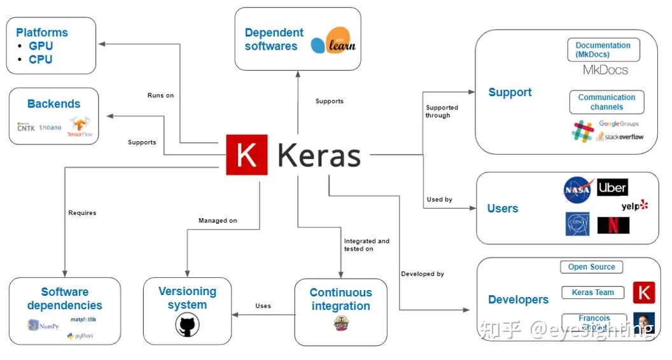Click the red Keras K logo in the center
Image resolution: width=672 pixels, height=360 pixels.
(247, 155)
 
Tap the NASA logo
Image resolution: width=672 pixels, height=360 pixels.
(578, 190)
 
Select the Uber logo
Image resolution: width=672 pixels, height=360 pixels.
(613, 188)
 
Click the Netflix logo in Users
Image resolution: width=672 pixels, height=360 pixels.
(613, 225)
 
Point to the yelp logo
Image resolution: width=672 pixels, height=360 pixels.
(634, 206)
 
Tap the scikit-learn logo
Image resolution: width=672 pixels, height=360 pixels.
(333, 43)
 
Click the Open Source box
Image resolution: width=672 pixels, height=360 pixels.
(592, 267)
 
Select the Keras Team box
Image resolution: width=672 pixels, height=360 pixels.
(592, 293)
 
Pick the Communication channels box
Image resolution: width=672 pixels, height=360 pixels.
(606, 102)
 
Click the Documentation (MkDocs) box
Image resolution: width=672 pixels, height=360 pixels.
(603, 50)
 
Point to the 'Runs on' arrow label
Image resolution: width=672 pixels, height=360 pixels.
(160, 95)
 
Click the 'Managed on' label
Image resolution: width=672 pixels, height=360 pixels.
(218, 221)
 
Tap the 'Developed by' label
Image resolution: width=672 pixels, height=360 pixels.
(423, 274)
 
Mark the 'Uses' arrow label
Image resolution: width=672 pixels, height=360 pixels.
(263, 306)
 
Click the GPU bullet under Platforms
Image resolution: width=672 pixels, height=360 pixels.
(41, 46)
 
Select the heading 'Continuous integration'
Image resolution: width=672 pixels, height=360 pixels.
(340, 299)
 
